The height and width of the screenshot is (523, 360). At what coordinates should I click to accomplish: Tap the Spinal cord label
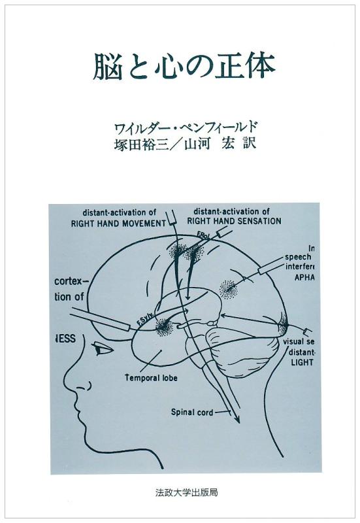(190, 412)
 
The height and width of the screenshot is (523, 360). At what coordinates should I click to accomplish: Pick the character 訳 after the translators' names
(248, 143)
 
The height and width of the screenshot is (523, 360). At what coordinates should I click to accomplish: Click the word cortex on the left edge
(67, 282)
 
